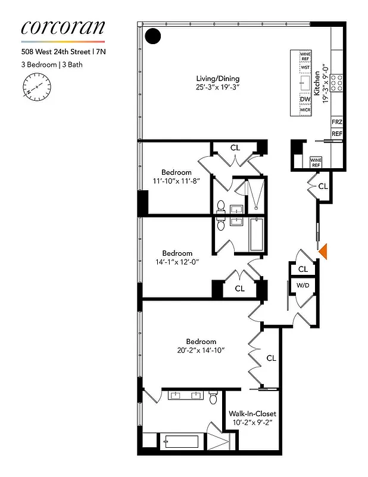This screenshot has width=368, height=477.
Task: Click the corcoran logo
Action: pos(63,27)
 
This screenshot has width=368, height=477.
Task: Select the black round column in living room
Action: pos(153,36)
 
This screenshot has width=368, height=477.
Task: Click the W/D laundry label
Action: pos(302,286)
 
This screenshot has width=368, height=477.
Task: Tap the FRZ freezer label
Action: pos(337,122)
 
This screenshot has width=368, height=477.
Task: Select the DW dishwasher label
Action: pos(305,100)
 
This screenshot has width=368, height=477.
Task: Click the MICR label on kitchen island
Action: pos(305,110)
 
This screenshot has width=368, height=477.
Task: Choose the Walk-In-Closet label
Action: pos(252,413)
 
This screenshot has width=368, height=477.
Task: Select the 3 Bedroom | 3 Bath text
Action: pos(47,64)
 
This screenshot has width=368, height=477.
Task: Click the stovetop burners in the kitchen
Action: pos(337,82)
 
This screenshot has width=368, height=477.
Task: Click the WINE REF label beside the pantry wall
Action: pos(316,162)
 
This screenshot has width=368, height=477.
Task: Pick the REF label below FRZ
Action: pos(337,134)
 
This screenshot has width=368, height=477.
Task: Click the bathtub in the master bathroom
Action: pos(179,442)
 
